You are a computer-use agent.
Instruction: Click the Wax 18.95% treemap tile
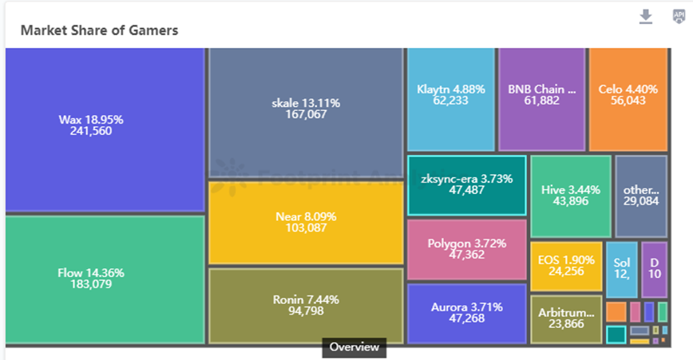105,129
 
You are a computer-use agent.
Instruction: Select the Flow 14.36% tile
105,279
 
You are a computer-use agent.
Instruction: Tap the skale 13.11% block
306,112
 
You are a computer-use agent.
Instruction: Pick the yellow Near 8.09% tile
306,222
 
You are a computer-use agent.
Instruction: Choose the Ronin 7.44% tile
306,306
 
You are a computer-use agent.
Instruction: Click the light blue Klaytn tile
451,98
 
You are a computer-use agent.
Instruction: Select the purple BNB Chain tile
542,98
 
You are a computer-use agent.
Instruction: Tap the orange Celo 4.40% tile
628,98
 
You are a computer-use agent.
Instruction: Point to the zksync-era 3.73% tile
467,185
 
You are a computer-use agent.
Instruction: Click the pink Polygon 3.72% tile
467,249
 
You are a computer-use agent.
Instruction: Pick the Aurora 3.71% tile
467,313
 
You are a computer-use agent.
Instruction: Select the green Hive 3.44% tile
570,196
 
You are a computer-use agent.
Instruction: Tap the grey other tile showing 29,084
641,196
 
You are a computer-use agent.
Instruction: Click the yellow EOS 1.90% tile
566,266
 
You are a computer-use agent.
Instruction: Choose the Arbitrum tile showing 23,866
566,319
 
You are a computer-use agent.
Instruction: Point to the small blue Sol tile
622,269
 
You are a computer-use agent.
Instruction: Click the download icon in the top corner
646,17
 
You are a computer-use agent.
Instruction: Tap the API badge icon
678,17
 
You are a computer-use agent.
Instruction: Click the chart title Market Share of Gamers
99,30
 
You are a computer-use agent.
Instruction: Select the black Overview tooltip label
354,347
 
